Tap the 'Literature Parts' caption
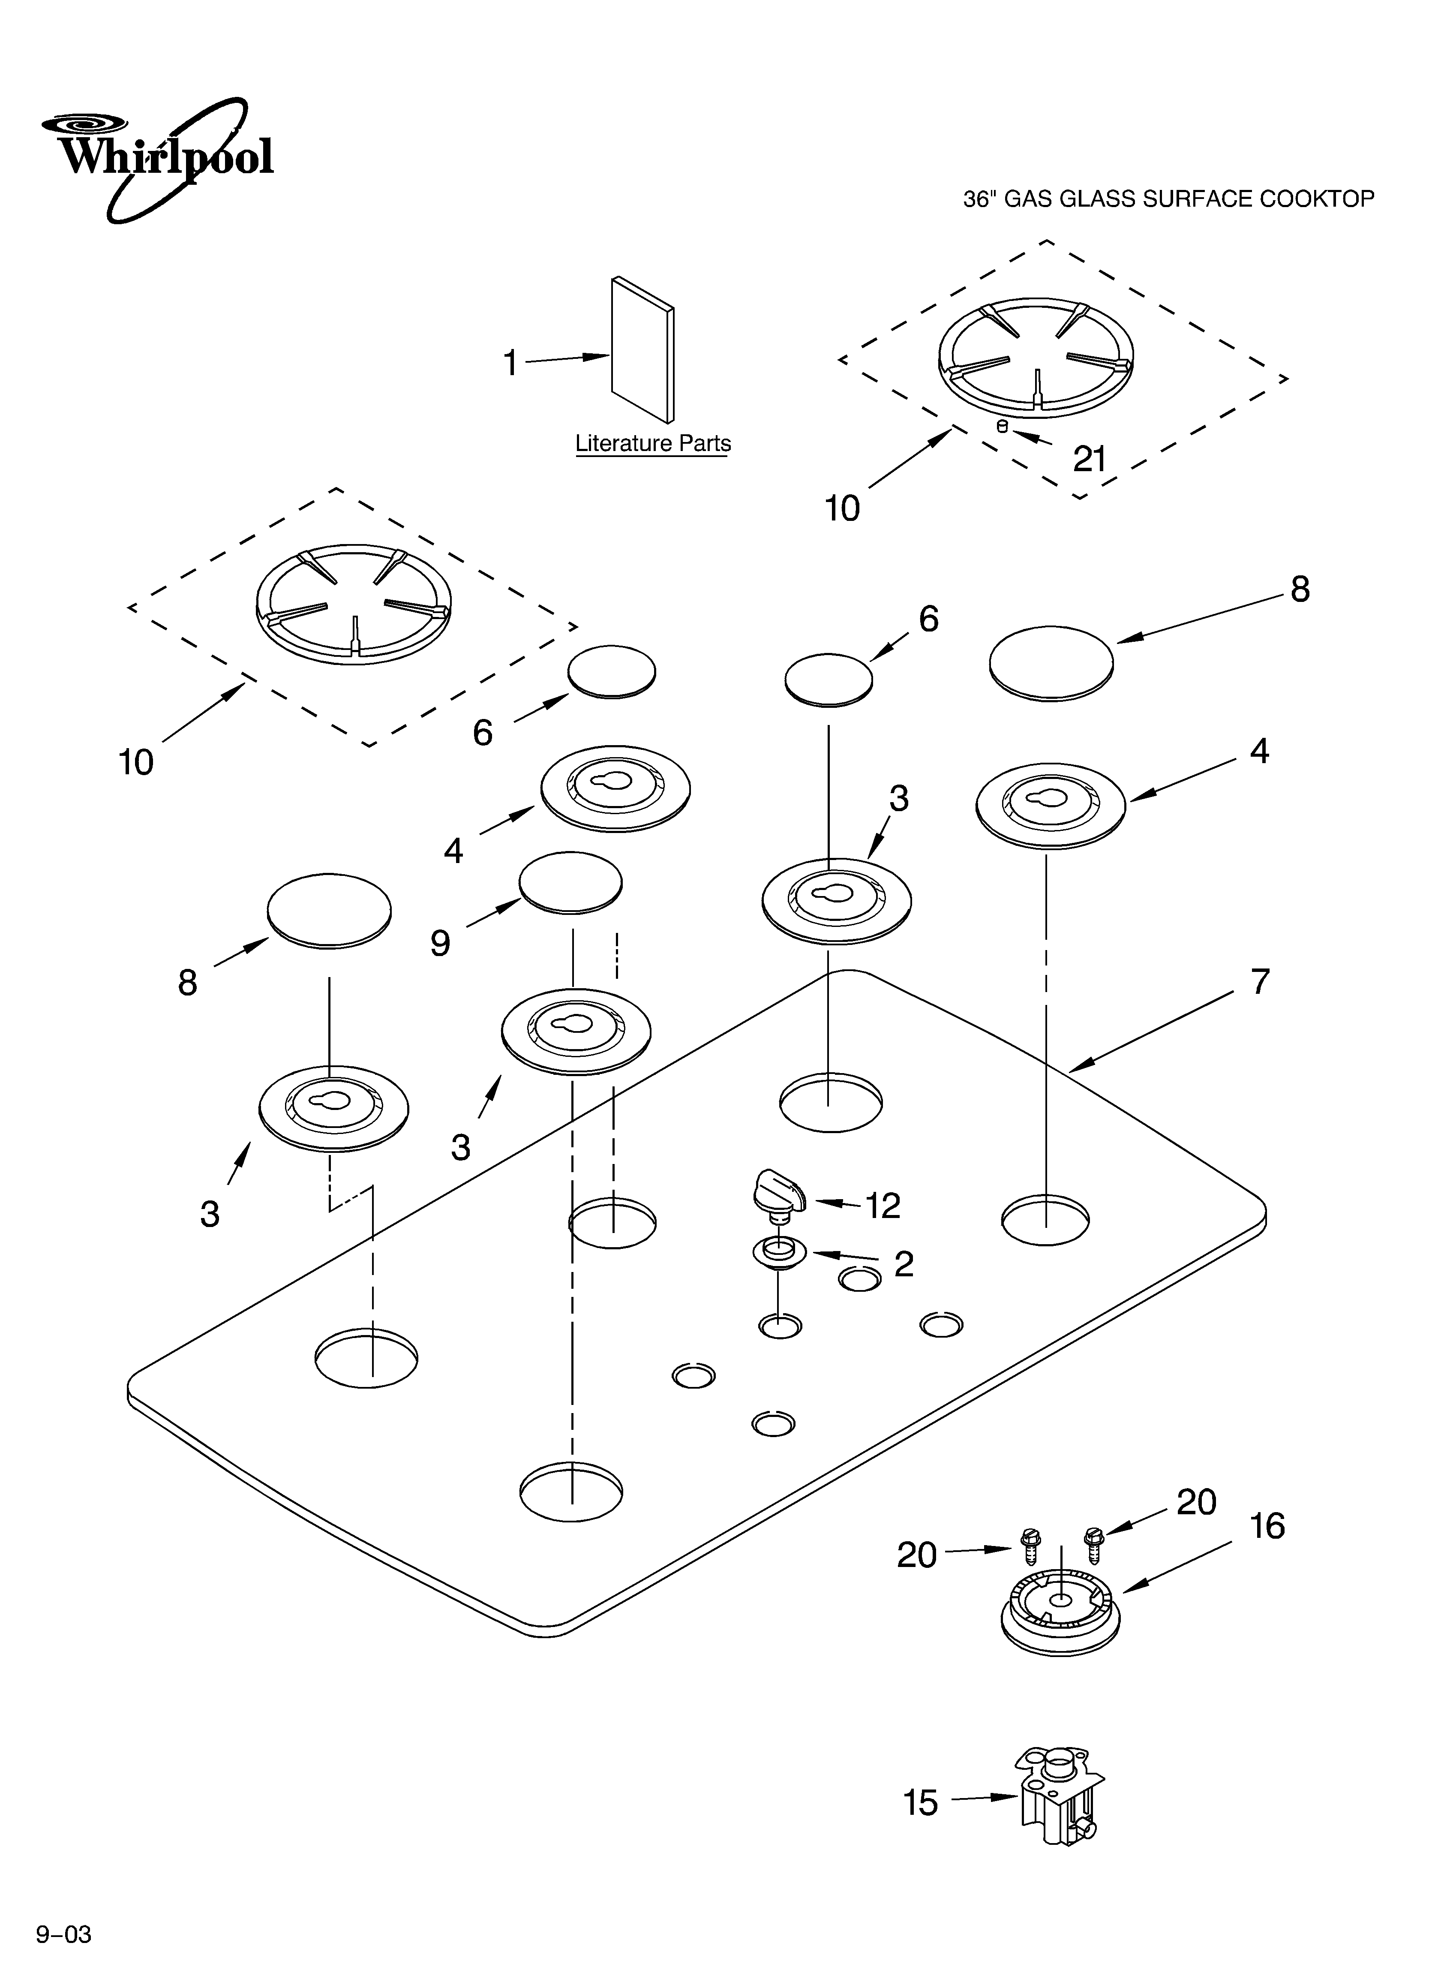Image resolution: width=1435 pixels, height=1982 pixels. coord(653,444)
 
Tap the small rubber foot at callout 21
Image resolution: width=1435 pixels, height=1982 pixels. coord(1003,427)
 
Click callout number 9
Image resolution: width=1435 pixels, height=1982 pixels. coord(440,943)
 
